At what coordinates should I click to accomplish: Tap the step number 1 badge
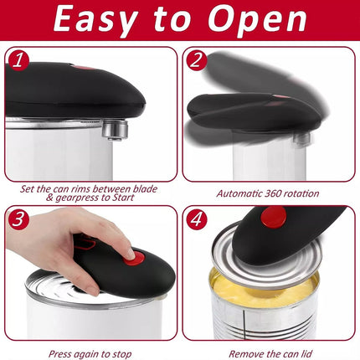18,59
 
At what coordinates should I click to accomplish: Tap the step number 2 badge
196,59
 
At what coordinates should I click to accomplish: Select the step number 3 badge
18,220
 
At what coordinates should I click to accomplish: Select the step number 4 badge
196,220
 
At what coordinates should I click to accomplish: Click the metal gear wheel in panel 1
115,127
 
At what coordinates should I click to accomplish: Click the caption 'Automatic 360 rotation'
267,193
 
